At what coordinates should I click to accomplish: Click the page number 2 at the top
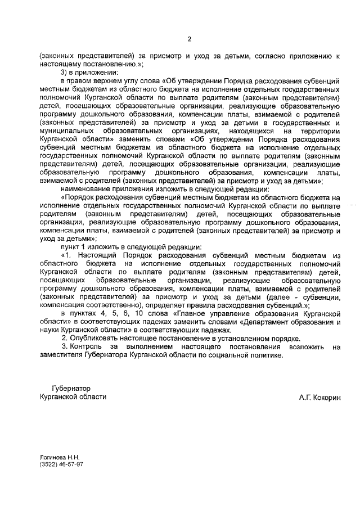[189, 39]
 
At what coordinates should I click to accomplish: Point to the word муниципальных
[68, 130]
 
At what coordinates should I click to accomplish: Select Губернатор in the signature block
[70, 388]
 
